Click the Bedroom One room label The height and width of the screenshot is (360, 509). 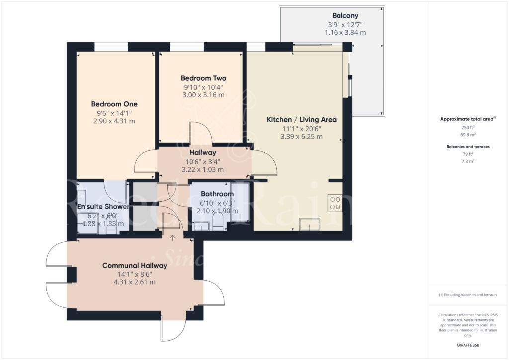[114, 104]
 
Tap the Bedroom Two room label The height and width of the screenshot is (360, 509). [203, 78]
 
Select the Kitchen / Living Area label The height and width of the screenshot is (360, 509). [302, 120]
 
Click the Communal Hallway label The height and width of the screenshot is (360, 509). [135, 266]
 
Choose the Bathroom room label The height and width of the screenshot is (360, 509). [217, 194]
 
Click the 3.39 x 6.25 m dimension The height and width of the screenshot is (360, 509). [302, 137]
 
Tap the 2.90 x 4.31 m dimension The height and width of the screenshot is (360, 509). [114, 121]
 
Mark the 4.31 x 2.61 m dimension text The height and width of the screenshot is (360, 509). [135, 282]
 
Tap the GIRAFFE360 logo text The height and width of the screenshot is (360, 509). [468, 345]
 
